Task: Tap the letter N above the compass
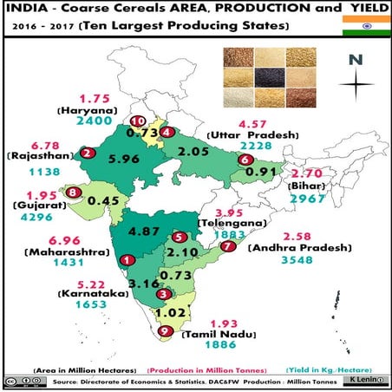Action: point(354,60)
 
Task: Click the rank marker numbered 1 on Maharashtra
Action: point(127,258)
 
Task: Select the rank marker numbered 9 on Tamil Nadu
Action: point(165,330)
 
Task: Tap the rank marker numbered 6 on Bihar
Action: point(245,160)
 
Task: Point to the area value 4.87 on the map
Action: point(146,232)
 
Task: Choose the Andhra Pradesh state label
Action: point(299,247)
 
